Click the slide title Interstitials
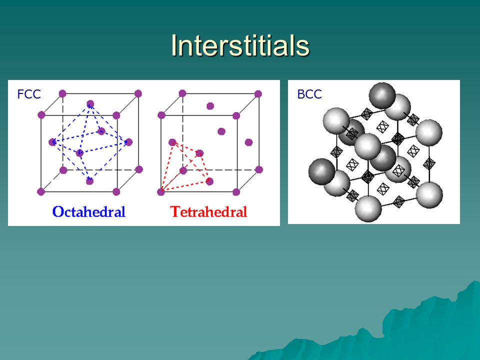tap(240, 45)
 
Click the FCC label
tap(29, 94)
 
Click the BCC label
tap(309, 94)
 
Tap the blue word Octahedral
tap(89, 211)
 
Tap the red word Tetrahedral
tap(208, 211)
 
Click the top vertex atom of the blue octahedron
tap(90, 104)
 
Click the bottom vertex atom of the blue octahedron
tap(89, 181)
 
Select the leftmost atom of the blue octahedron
tap(52, 142)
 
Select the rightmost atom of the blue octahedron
tap(129, 142)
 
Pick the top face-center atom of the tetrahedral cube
tap(210, 106)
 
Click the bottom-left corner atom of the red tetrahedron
tap(161, 192)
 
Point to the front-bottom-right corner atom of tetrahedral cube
tap(236, 192)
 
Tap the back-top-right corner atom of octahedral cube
tap(138, 93)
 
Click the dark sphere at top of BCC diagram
tap(382, 95)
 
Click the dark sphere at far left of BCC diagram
tap(321, 171)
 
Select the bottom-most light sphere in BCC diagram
tap(368, 209)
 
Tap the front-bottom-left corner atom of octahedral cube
tap(41, 192)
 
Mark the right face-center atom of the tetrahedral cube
tap(248, 142)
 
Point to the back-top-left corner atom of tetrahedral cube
tap(182, 93)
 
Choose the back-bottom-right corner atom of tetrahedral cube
tap(258, 169)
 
